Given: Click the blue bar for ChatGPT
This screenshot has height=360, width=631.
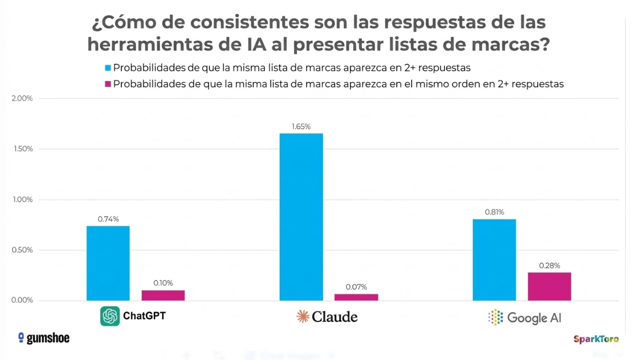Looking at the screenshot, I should [x=108, y=263].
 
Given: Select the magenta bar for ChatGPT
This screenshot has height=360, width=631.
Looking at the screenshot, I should [x=163, y=295].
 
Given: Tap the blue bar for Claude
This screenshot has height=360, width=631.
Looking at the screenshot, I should [x=301, y=217].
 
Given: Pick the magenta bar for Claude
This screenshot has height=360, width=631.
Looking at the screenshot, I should [x=357, y=297].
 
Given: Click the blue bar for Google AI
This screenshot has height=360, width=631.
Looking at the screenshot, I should [x=494, y=260].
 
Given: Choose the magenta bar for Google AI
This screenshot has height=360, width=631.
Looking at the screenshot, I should [x=550, y=286].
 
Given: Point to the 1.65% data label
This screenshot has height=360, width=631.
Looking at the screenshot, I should [x=301, y=127].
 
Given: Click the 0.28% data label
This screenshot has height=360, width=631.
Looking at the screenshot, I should [x=550, y=266].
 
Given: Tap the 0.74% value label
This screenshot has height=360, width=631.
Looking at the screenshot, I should [x=108, y=219].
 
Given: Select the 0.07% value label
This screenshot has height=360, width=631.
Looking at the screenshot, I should [x=357, y=287].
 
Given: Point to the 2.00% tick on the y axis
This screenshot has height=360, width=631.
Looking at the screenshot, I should [x=22, y=98].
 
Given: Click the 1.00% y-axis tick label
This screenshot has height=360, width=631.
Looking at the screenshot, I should [x=22, y=200].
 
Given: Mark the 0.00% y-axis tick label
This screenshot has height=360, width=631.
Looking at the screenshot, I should [x=22, y=300].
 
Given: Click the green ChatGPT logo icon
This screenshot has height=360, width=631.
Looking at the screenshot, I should [x=110, y=316].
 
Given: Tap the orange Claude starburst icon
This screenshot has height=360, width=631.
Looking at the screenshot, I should [x=303, y=317].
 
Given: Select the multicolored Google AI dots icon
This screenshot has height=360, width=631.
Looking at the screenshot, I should [x=496, y=317].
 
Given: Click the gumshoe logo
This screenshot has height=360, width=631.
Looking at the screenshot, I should [x=44, y=338].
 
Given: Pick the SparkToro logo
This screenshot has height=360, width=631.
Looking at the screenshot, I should [x=596, y=339].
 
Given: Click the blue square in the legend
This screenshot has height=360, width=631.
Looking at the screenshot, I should [x=108, y=68].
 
